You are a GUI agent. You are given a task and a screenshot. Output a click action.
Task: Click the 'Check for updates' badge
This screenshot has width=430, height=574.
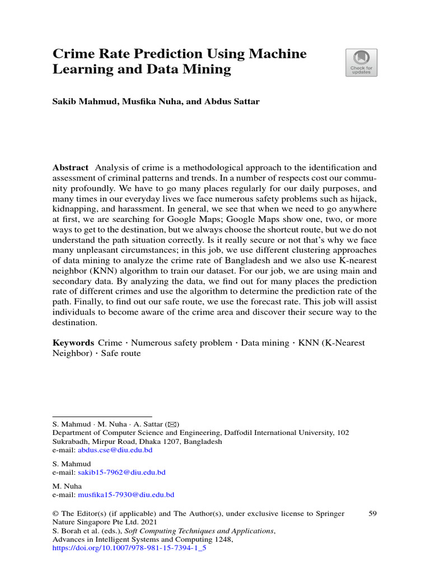click(x=361, y=62)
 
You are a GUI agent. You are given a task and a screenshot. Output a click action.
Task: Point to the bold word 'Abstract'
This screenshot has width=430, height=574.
click(x=71, y=168)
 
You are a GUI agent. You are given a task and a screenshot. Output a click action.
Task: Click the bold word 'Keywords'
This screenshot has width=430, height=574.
click(x=73, y=342)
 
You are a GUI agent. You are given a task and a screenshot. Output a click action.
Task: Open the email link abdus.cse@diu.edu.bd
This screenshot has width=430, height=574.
click(x=115, y=450)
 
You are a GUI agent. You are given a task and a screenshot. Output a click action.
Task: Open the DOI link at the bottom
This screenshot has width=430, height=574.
click(x=129, y=548)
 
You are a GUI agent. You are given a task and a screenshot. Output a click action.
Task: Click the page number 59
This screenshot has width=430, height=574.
click(x=372, y=513)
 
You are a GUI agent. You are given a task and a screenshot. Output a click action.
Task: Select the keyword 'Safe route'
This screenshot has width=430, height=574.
click(x=121, y=354)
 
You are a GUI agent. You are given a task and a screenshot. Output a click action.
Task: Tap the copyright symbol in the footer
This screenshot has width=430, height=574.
click(x=55, y=513)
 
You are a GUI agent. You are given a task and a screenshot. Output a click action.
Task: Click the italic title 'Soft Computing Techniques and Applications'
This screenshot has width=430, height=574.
click(x=198, y=531)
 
